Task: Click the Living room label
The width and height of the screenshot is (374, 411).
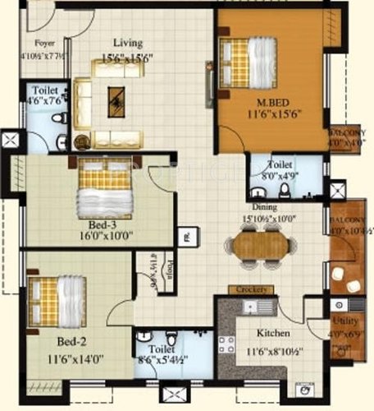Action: (x=127, y=43)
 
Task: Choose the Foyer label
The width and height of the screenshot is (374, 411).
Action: (x=44, y=43)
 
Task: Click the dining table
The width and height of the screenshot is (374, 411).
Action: (x=262, y=244)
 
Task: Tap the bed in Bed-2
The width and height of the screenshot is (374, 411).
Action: (x=56, y=300)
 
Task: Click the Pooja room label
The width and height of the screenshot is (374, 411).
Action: (x=164, y=267)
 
